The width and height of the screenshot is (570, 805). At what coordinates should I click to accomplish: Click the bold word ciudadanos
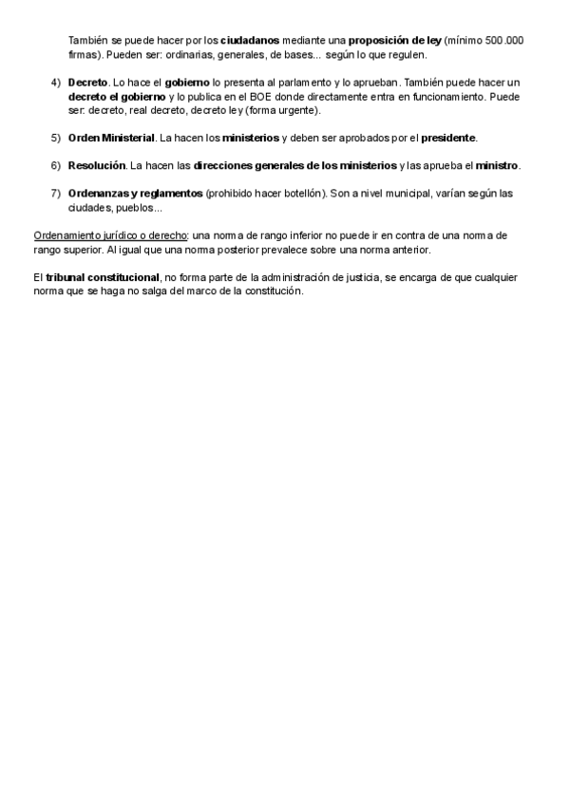(250, 41)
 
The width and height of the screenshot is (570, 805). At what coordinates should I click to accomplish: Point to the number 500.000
(504, 41)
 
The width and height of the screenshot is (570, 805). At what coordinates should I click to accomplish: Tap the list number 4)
(55, 83)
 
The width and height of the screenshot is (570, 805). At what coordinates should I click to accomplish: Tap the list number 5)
(55, 138)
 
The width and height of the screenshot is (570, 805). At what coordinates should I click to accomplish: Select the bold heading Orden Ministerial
(111, 138)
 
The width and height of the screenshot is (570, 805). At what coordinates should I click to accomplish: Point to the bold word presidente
(448, 138)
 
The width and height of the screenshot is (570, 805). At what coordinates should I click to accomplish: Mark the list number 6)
(55, 165)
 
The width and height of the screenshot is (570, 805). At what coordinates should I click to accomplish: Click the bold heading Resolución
(97, 165)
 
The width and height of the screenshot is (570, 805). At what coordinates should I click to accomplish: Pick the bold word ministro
(497, 165)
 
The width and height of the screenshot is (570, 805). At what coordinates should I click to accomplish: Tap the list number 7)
(55, 194)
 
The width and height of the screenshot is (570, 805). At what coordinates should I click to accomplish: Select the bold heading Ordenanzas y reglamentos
(135, 194)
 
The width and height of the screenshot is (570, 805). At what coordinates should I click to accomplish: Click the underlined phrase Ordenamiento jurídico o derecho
(110, 234)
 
